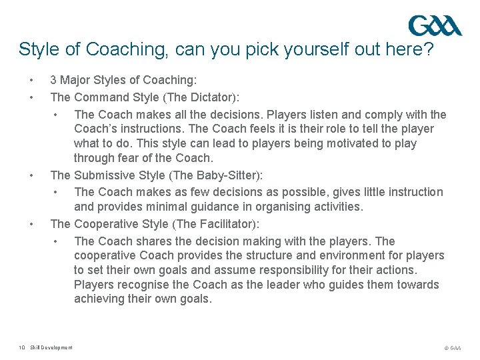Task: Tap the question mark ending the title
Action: [428, 49]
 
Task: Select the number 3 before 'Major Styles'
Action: [54, 80]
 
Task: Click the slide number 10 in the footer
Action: [22, 347]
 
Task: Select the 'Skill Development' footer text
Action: [51, 347]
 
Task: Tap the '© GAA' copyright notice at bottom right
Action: [452, 348]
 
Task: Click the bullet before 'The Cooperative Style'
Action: [31, 224]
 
